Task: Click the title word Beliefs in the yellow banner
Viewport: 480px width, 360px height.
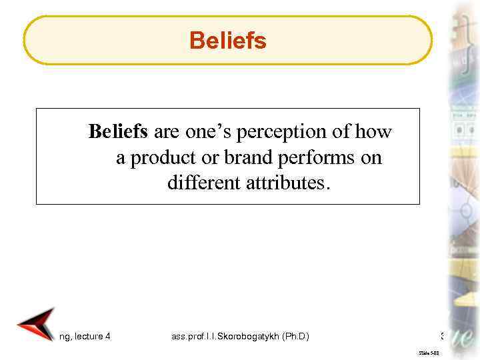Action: [x=227, y=41]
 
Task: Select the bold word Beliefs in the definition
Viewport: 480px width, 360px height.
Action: [x=117, y=132]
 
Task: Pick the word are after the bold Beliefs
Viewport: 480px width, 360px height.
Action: [x=163, y=132]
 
